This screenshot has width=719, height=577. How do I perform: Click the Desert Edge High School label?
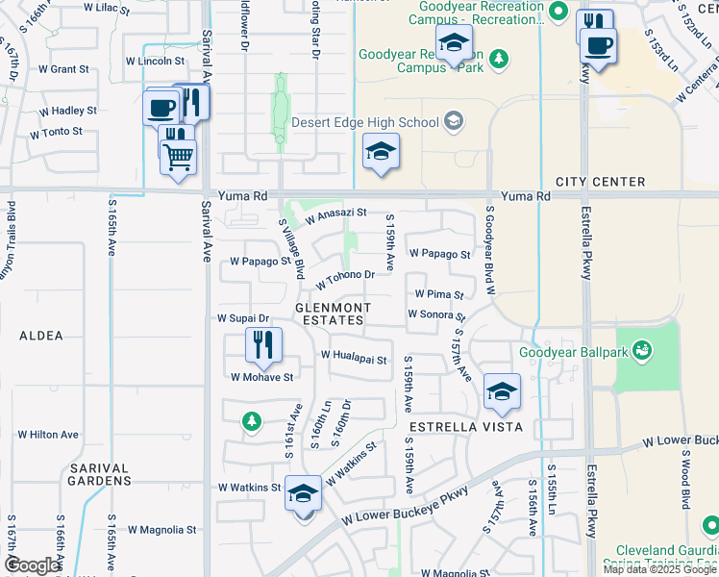click(x=363, y=122)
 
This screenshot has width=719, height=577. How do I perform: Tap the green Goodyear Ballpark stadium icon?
click(x=640, y=352)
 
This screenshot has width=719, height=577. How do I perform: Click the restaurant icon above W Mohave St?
click(x=261, y=344)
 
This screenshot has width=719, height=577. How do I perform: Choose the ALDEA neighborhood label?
click(x=41, y=336)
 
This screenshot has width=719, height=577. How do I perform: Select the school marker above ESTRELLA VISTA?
click(x=501, y=390)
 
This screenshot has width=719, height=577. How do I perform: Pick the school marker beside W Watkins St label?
click(x=304, y=495)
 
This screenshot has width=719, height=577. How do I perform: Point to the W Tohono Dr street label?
click(x=345, y=279)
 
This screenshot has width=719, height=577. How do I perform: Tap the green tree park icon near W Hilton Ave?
click(x=251, y=420)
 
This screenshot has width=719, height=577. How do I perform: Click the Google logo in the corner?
click(x=32, y=565)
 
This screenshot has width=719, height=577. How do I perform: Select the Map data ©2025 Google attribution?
click(x=659, y=569)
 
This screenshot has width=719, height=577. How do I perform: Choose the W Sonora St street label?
click(x=436, y=314)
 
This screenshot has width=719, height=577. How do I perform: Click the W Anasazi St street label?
click(x=335, y=217)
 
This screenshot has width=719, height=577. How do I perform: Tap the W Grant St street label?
click(x=63, y=69)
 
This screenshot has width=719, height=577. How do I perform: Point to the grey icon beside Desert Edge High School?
click(x=454, y=122)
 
